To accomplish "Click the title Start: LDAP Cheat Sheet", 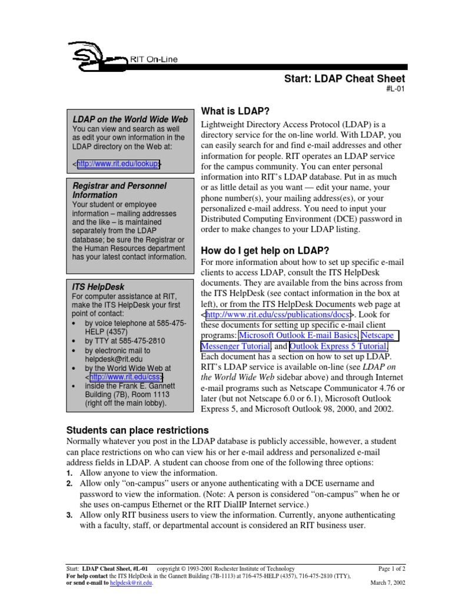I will (345, 78).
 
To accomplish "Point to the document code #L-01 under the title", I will (394, 90).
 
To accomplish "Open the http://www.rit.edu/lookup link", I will (118, 164).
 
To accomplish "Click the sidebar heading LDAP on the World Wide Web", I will (130, 119).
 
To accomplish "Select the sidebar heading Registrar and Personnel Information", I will (119, 190).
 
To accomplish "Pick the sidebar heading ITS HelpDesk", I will (98, 286).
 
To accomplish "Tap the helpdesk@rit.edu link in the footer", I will (130, 582).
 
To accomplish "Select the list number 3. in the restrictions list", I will (69, 515).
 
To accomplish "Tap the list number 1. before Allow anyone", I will (69, 473).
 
